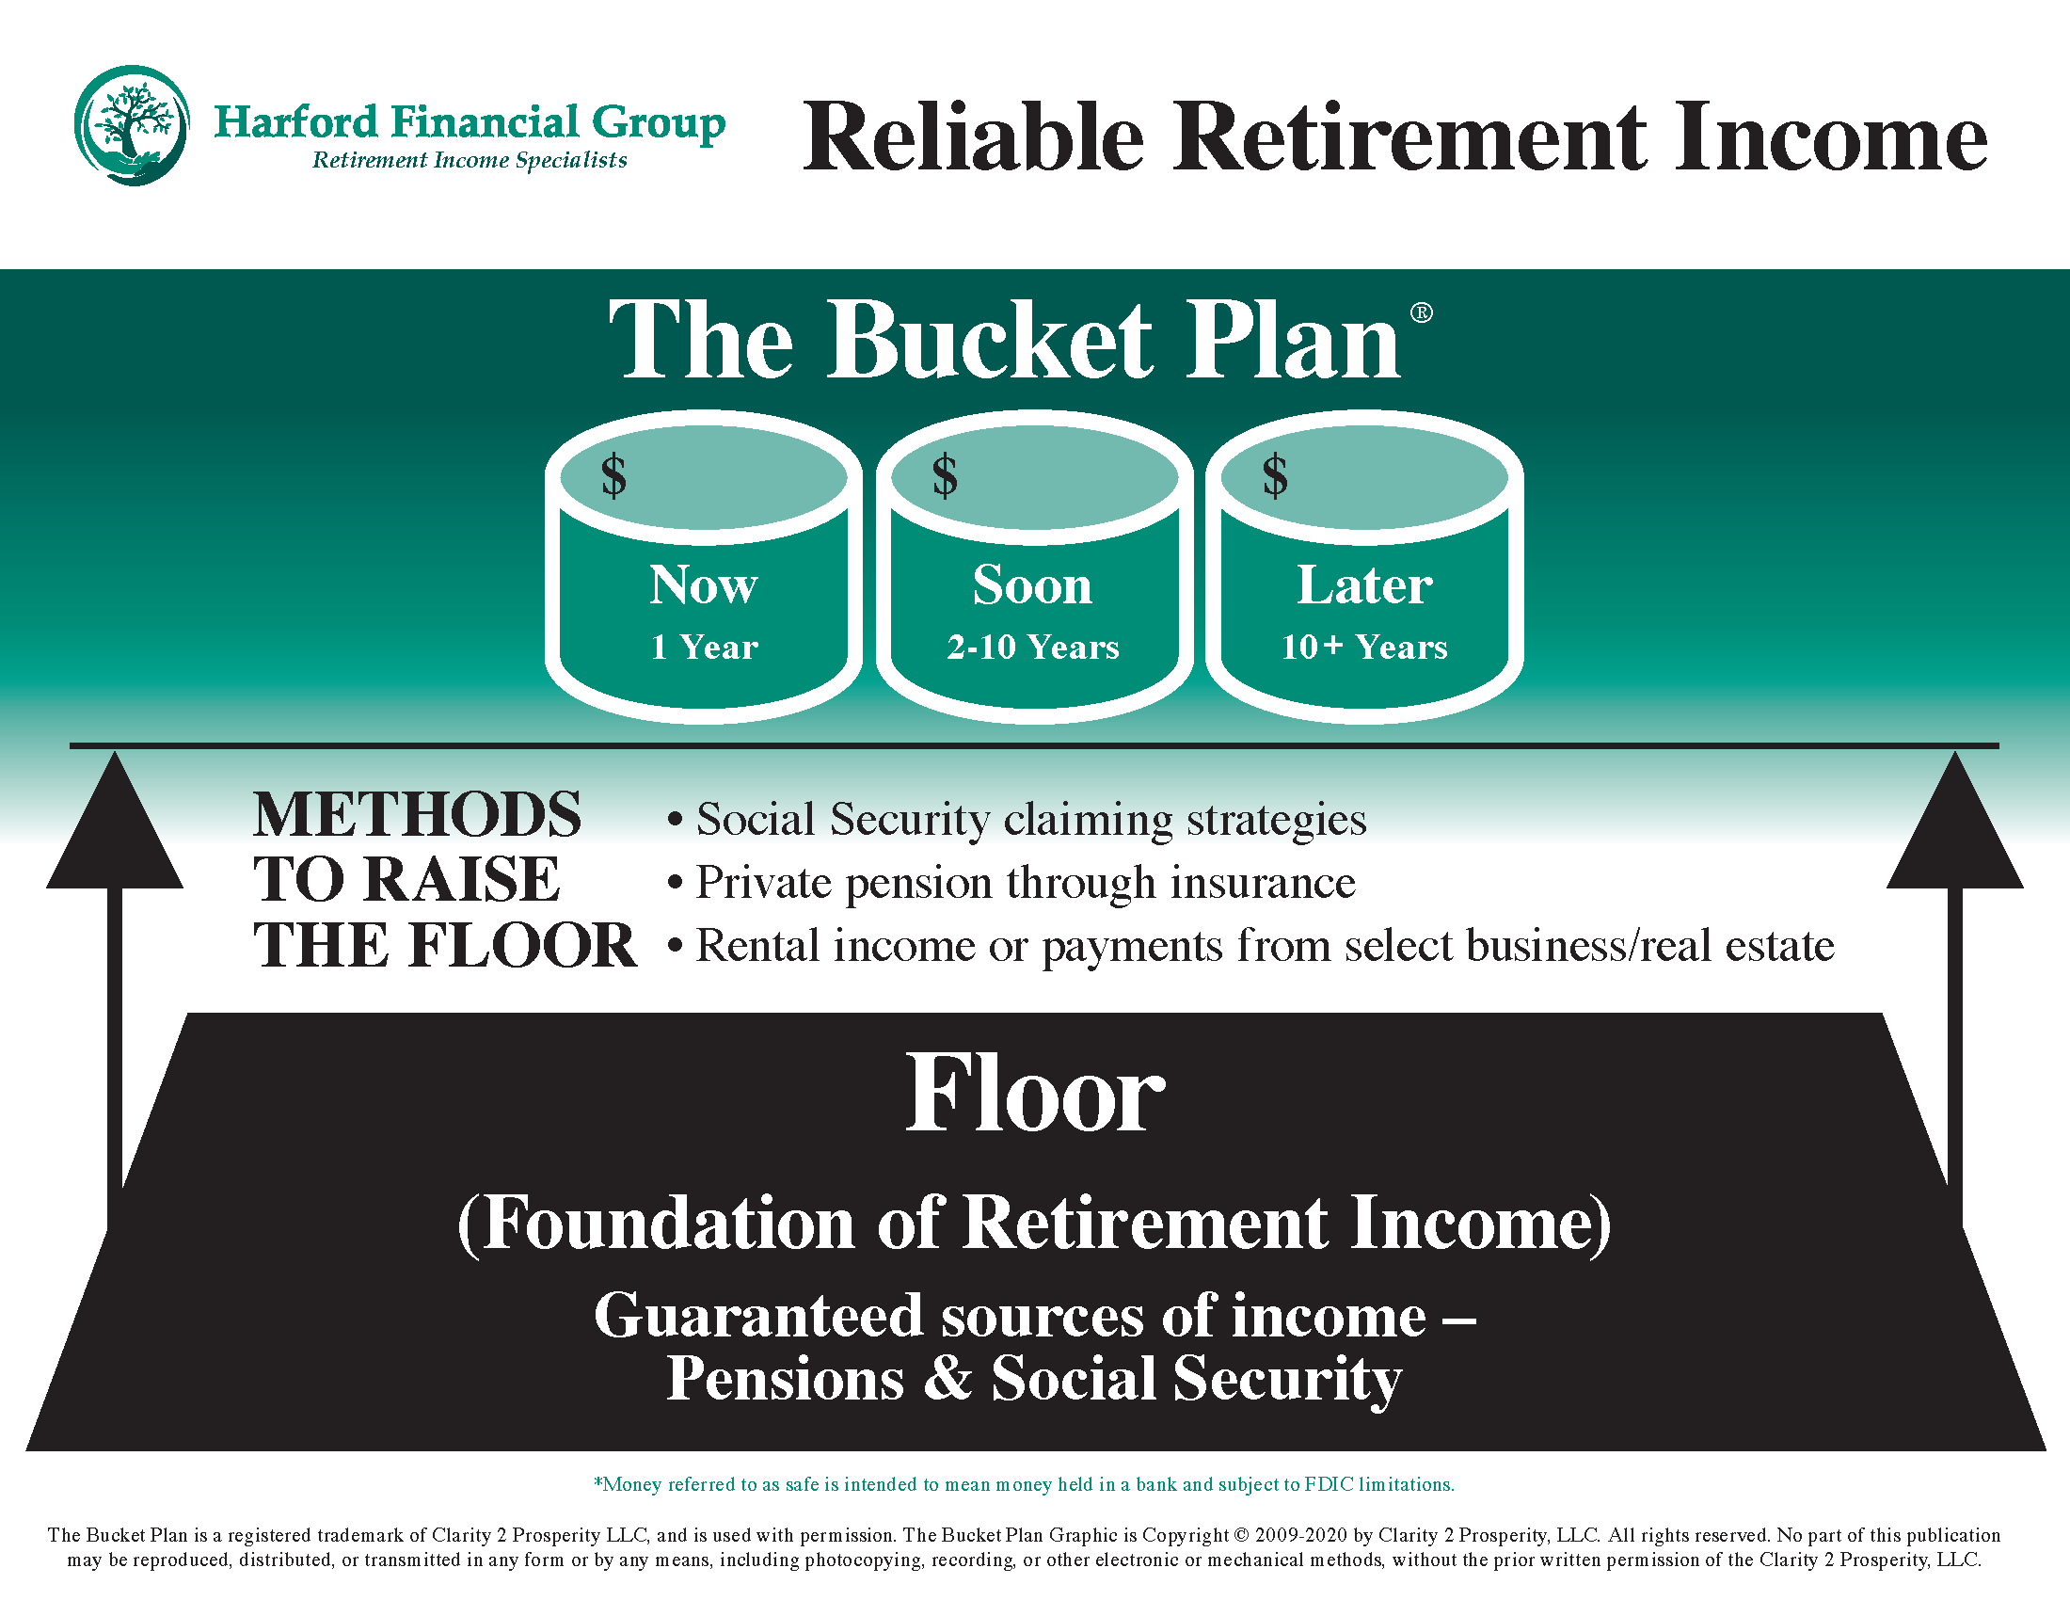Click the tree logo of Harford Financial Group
tap(132, 125)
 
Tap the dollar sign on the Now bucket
tap(614, 475)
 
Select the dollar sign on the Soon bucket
tap(945, 475)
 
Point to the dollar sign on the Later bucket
tap(1275, 475)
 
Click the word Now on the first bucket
tap(703, 584)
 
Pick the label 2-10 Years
tap(1033, 648)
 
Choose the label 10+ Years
tap(1364, 648)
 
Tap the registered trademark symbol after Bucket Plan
tap(1422, 312)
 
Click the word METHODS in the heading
tap(417, 815)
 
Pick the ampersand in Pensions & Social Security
tap(947, 1377)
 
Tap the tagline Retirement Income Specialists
tap(470, 160)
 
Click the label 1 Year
tap(704, 648)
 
